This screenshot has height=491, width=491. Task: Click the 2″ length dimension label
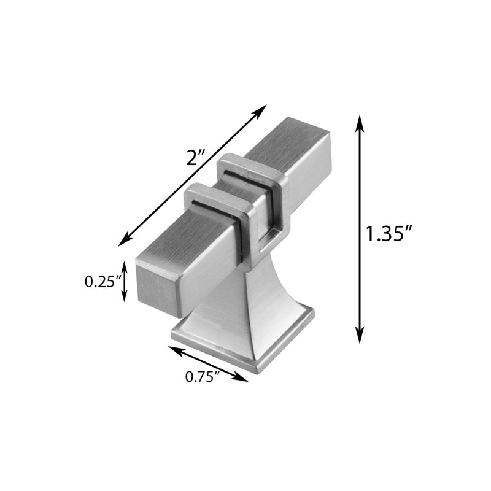[195, 157]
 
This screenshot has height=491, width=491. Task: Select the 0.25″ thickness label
[102, 282]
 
